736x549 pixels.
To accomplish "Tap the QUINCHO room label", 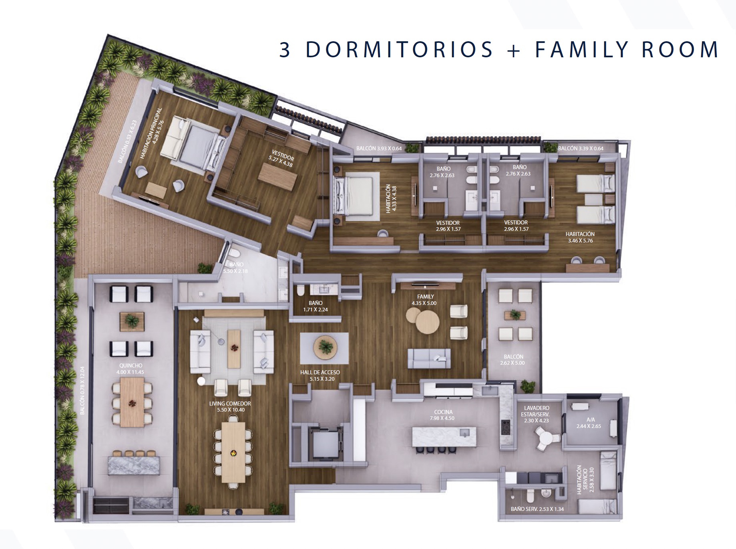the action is tap(131, 365).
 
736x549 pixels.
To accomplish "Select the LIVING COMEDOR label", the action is tap(230, 404).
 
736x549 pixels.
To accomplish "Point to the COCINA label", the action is tap(443, 412).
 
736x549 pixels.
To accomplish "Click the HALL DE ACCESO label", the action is tap(320, 372).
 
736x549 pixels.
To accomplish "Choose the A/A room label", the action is tap(591, 420).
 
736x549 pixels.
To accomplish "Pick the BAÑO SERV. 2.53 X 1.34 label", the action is tap(537, 509).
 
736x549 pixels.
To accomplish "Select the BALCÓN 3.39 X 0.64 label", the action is tap(581, 148).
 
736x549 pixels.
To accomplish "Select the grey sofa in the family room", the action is tap(429, 358).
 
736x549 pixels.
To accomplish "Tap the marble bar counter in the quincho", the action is tap(134, 466).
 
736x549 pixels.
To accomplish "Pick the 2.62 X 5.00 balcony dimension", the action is tap(512, 363).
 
